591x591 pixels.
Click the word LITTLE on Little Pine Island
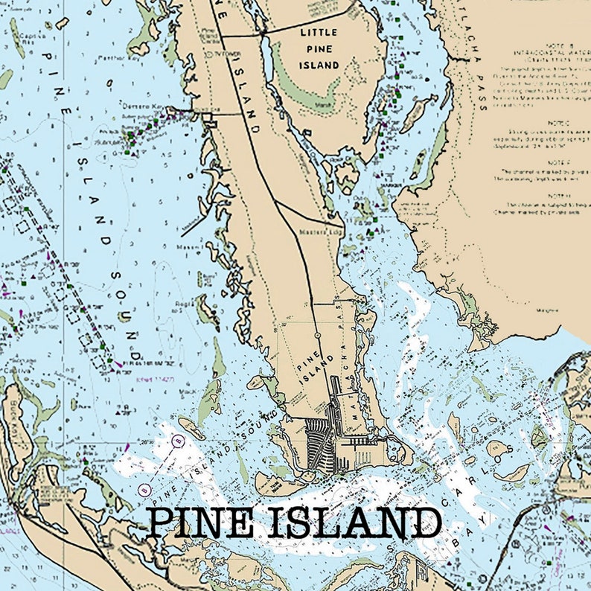pos(319,33)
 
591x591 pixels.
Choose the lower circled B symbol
pos(144,489)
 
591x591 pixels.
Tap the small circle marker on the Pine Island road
pos(318,336)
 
